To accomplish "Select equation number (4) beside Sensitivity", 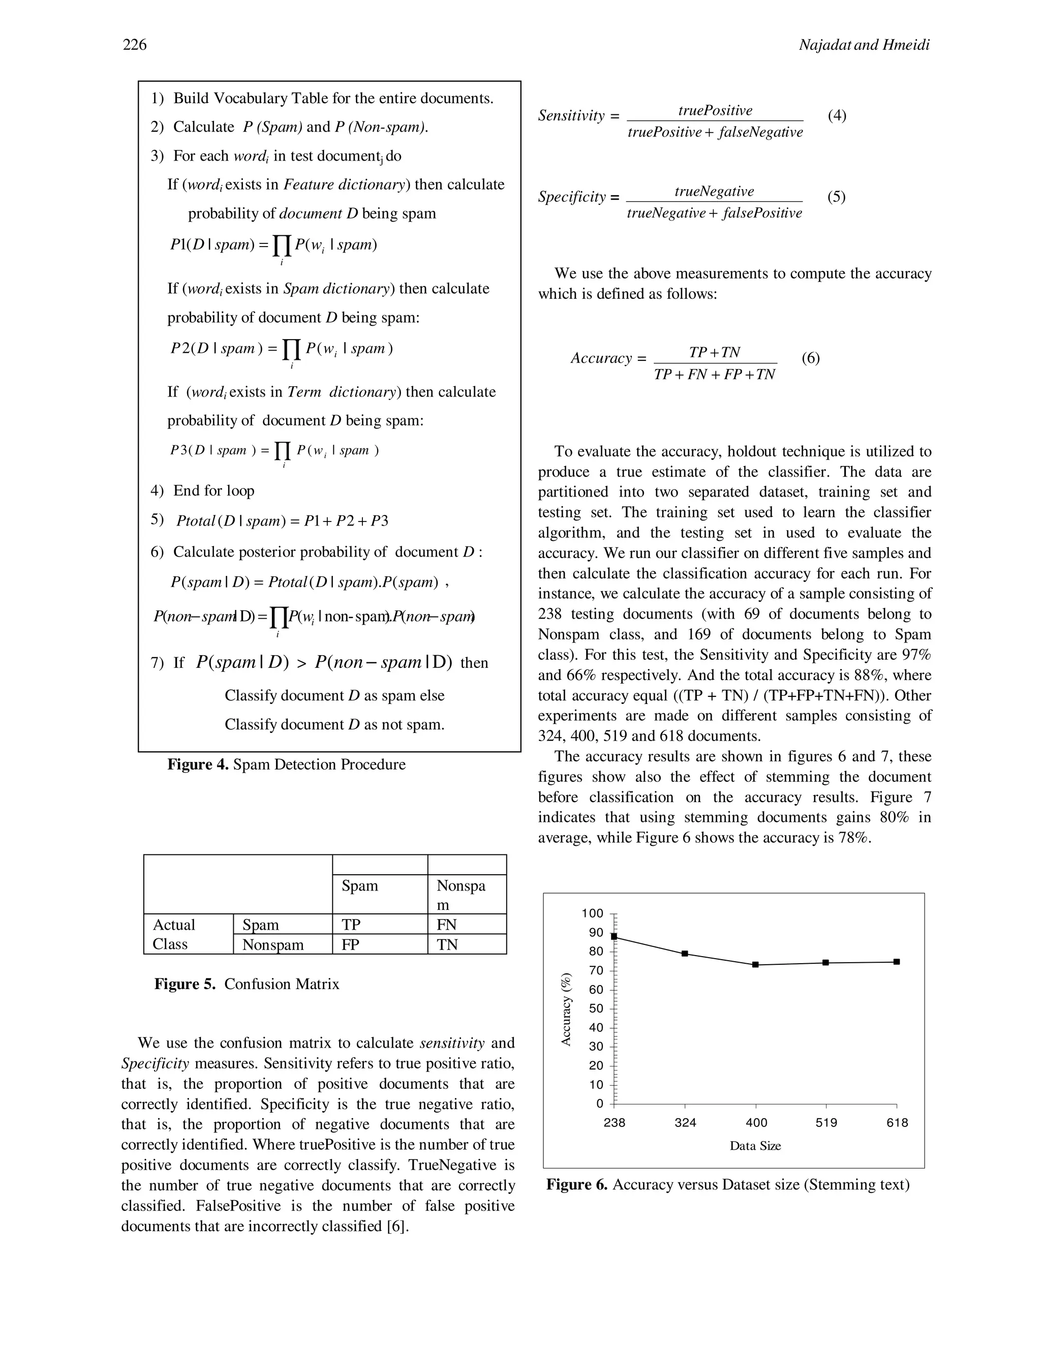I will (837, 115).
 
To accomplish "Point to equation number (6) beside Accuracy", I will (810, 358).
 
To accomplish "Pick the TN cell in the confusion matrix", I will (447, 944).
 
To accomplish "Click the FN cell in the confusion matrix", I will (446, 925).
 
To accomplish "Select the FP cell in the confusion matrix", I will (350, 944).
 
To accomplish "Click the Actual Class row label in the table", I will (174, 934).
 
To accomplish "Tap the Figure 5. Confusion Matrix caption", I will (247, 984).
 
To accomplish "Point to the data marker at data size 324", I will (685, 954).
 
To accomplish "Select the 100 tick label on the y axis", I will (592, 913).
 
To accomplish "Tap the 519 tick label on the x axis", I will (826, 1122).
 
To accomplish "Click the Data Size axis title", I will (755, 1146).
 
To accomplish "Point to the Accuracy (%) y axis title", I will (566, 1009).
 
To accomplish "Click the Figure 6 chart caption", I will (728, 1185).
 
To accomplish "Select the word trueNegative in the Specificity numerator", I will (714, 191).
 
